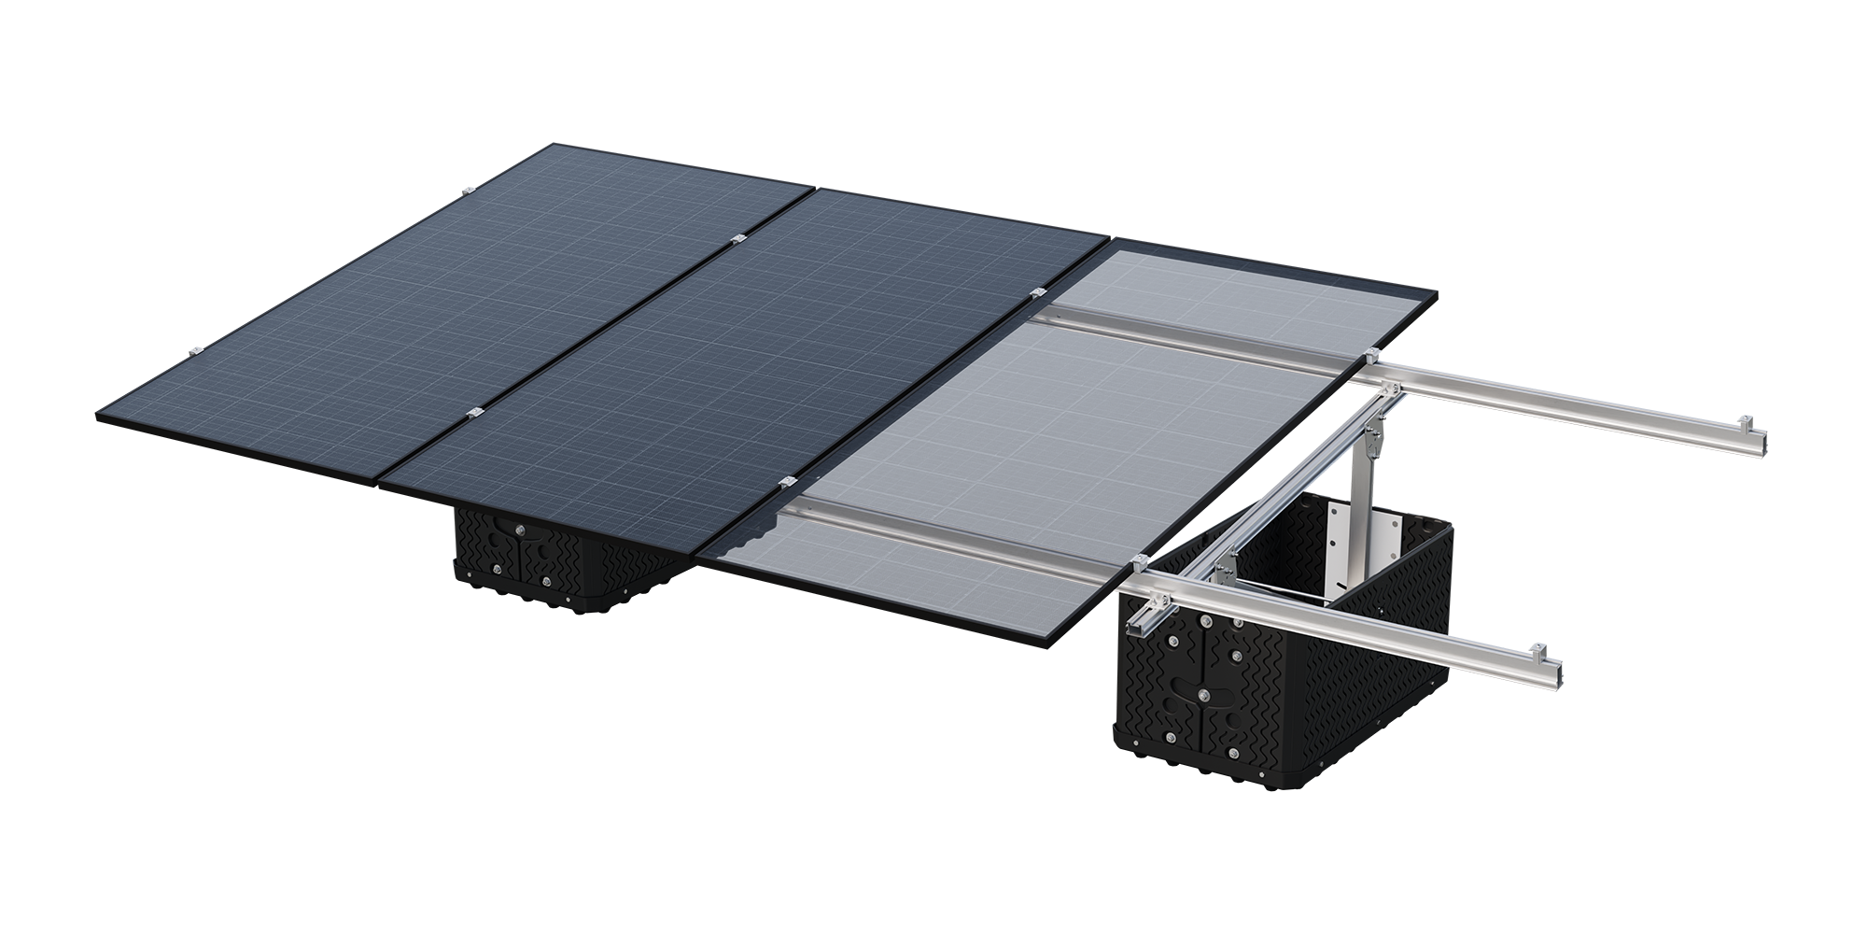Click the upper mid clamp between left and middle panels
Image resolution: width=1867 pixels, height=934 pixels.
tap(738, 241)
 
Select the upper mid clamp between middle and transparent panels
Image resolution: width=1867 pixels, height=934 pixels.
tap(1035, 294)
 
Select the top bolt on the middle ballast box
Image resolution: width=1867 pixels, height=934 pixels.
tap(520, 531)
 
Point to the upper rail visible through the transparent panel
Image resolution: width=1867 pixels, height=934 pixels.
tap(1195, 336)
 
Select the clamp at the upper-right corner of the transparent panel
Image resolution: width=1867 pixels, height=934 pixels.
tap(1372, 355)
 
